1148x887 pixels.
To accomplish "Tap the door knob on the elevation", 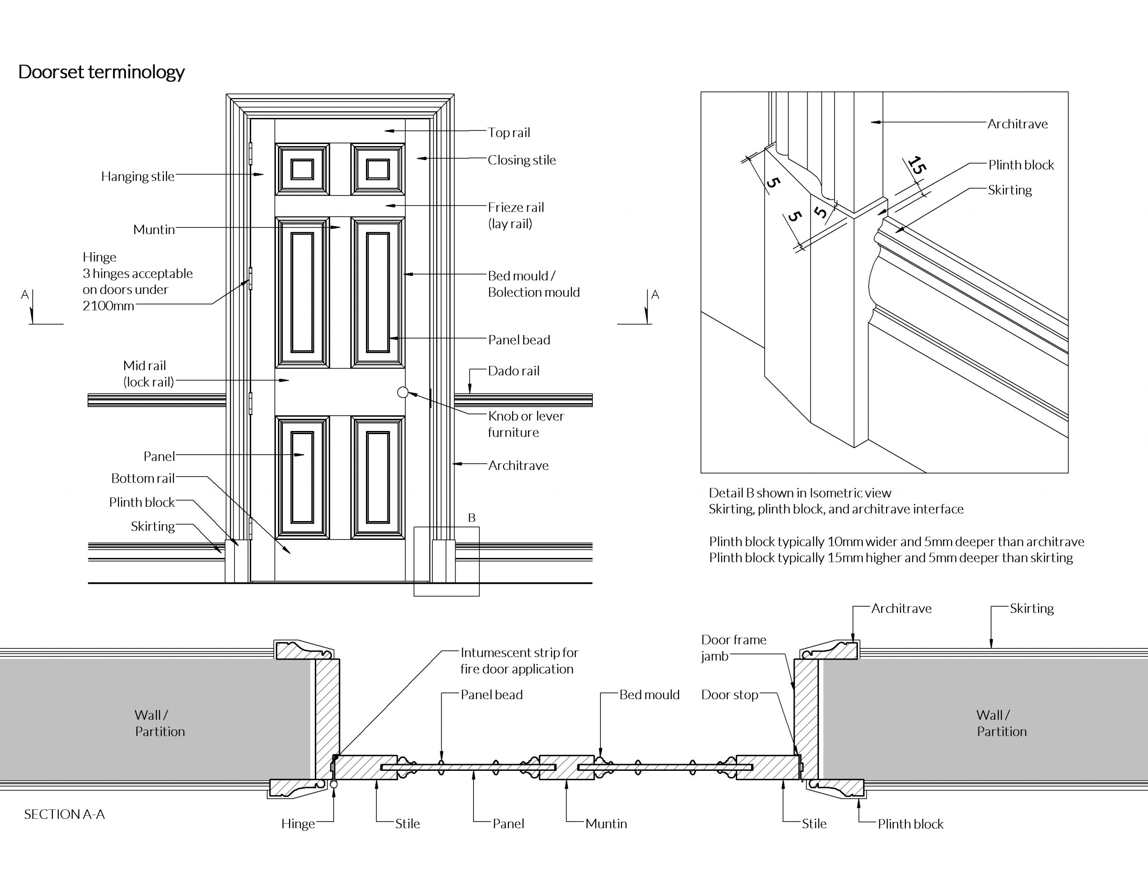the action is pyautogui.click(x=403, y=392).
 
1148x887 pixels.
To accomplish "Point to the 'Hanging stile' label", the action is pyautogui.click(x=138, y=177).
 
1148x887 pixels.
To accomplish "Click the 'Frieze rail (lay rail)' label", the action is pyautogui.click(x=516, y=216).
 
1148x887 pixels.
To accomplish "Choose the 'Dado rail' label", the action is pyautogui.click(x=513, y=371).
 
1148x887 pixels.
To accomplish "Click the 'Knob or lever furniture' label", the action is pyautogui.click(x=526, y=424).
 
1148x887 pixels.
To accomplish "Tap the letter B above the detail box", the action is pyautogui.click(x=471, y=518).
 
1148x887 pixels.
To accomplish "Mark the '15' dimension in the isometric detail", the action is pyautogui.click(x=916, y=165).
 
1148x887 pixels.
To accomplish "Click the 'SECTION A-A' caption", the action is pyautogui.click(x=65, y=814).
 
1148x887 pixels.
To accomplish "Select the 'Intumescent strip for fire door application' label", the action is pyautogui.click(x=519, y=661).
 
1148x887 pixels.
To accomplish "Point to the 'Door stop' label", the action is pyautogui.click(x=730, y=695).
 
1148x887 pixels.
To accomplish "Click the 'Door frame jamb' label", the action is pyautogui.click(x=734, y=648).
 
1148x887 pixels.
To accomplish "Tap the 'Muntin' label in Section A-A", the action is pyautogui.click(x=606, y=824).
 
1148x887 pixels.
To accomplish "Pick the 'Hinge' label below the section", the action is pyautogui.click(x=298, y=824).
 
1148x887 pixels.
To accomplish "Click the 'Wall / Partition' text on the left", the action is pyautogui.click(x=160, y=723).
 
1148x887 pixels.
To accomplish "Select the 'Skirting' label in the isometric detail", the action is pyautogui.click(x=1010, y=190).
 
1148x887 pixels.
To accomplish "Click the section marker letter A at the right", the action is pyautogui.click(x=655, y=295).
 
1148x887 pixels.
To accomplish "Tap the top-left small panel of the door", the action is pyautogui.click(x=302, y=170).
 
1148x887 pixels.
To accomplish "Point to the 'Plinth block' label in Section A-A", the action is pyautogui.click(x=910, y=824).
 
